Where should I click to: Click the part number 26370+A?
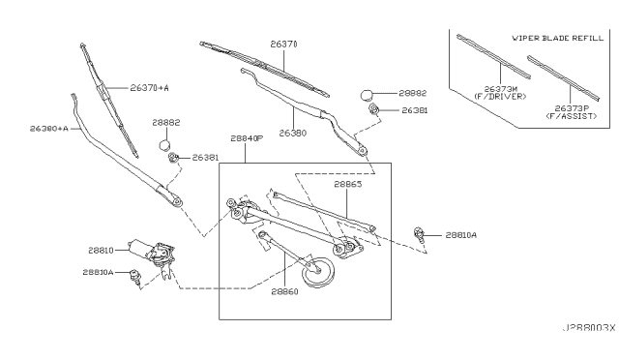149,88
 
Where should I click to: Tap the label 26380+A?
49,129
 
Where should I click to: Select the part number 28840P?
247,138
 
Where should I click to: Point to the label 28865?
348,184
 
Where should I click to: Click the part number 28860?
284,291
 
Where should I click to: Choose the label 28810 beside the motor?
101,250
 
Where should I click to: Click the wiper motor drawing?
153,253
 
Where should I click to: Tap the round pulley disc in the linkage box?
317,272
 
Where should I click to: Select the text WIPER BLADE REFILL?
558,38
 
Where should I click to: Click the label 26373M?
501,89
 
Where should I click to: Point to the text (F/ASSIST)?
572,116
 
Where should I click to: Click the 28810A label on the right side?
461,235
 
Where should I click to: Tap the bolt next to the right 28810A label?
419,233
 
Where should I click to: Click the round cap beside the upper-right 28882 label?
367,95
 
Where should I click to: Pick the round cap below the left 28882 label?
165,145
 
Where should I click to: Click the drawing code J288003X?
589,328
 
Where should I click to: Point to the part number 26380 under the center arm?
293,134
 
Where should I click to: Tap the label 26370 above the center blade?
283,45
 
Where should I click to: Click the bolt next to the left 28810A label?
135,276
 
